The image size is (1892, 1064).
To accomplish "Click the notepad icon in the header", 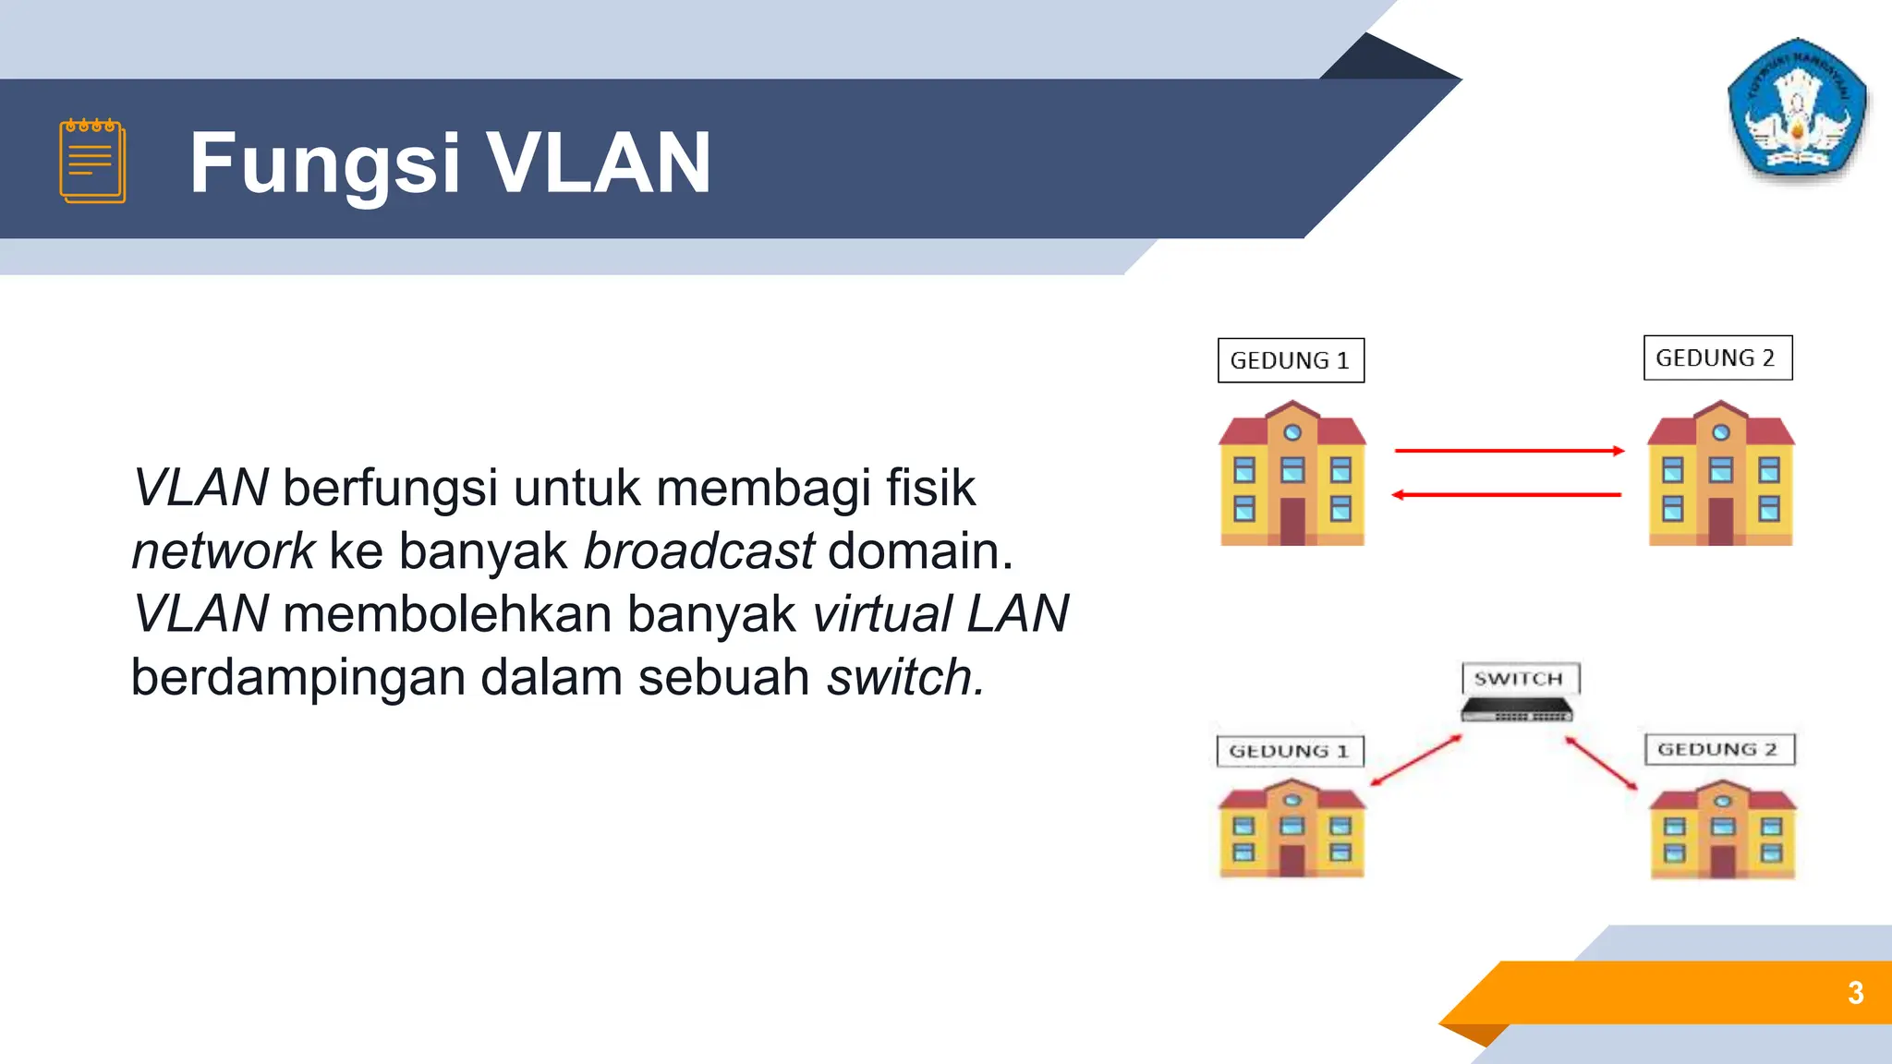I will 92,161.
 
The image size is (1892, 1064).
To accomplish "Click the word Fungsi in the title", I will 324,163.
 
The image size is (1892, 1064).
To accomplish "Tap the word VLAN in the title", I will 598,163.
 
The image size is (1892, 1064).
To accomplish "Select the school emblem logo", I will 1796,109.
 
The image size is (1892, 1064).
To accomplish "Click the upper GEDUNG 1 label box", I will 1291,360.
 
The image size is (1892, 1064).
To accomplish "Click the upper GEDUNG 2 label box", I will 1717,357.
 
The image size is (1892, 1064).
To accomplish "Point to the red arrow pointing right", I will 1508,451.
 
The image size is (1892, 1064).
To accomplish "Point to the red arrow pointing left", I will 1508,495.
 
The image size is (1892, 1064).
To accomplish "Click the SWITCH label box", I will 1520,679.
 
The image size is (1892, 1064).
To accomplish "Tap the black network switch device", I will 1516,710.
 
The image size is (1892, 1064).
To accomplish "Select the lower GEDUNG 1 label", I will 1290,751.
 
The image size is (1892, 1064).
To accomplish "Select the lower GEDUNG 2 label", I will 1718,749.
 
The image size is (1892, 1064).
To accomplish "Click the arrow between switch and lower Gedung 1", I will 1416,760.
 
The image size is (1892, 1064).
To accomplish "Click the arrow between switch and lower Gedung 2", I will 1601,763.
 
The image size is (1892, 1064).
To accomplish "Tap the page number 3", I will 1855,993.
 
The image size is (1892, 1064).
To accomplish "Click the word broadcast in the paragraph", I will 699,551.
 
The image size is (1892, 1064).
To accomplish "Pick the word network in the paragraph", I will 224,551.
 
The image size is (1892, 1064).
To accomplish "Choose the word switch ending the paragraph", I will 904,677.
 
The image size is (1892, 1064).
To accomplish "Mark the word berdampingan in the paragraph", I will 297,679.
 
